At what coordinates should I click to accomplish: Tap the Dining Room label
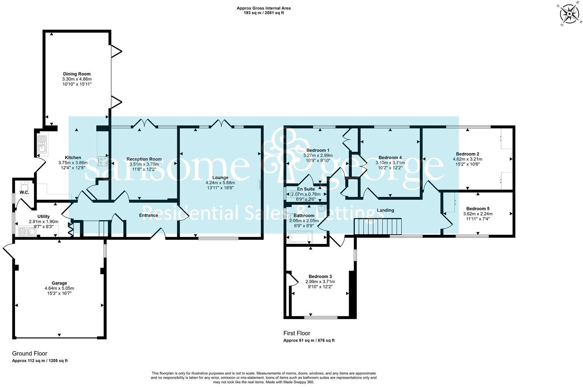77,74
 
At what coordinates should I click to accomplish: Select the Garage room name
59,283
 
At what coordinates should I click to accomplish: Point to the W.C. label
25,192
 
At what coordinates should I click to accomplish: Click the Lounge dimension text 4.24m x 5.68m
220,183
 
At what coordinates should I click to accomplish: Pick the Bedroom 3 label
320,276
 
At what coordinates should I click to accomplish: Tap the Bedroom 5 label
478,209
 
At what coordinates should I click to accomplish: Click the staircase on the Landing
378,226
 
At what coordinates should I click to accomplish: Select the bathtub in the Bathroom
299,237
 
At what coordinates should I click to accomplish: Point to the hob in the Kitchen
102,161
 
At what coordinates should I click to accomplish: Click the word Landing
386,210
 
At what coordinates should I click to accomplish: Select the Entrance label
148,215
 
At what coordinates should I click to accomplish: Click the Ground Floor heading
30,353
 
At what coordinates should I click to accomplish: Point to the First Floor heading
297,333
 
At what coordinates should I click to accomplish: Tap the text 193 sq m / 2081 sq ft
264,13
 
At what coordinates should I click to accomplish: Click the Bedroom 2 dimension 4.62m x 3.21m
467,159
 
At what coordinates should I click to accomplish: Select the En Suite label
306,189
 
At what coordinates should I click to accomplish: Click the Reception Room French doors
145,123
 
